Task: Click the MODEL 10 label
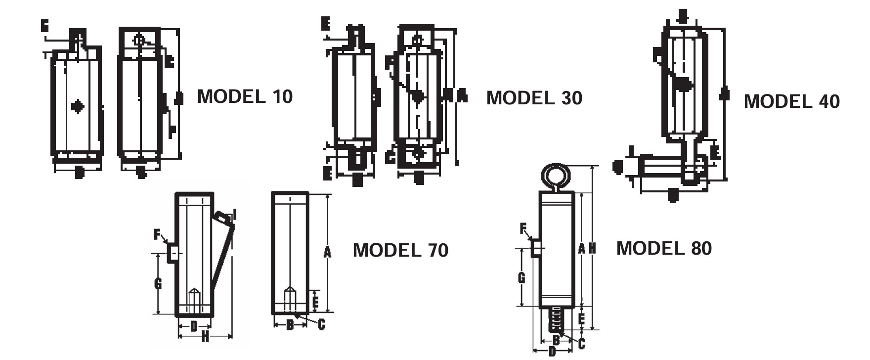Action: point(245,96)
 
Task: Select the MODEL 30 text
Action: point(534,98)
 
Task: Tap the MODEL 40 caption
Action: point(791,101)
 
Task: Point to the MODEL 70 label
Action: point(400,250)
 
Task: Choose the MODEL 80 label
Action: point(664,248)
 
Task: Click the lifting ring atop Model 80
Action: point(556,176)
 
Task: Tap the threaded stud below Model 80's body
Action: point(557,319)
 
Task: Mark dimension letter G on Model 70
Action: point(158,283)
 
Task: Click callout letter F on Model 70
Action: point(157,234)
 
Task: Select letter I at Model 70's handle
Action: point(235,215)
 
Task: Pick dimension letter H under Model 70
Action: point(205,337)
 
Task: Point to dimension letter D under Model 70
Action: point(194,326)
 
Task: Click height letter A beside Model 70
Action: point(327,252)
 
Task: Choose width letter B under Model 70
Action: point(290,325)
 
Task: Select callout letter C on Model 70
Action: point(321,324)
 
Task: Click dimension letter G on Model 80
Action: point(522,278)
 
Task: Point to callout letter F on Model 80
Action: point(523,228)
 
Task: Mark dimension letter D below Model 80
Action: point(552,352)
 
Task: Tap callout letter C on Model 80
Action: point(581,343)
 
